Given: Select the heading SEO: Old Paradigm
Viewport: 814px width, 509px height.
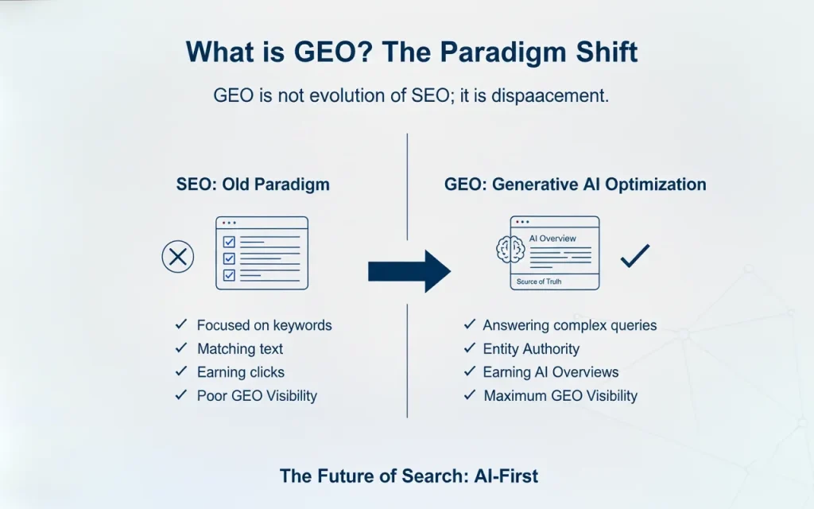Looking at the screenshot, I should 253,185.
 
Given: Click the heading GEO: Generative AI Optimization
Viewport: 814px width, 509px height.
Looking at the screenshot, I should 575,185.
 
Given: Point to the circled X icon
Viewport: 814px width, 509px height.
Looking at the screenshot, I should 178,257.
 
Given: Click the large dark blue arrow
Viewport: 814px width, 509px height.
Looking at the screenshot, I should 409,271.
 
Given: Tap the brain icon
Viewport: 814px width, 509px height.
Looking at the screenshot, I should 510,250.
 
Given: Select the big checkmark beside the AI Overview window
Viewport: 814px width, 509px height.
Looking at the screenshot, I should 635,255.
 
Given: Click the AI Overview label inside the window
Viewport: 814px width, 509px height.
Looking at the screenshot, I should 552,239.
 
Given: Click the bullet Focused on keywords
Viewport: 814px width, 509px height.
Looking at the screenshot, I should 264,325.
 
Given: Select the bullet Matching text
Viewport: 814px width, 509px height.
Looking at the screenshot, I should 239,349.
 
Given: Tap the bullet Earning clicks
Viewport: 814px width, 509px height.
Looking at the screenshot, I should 240,372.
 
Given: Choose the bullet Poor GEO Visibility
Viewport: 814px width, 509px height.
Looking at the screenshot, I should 256,396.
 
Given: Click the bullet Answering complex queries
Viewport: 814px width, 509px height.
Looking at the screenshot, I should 569,325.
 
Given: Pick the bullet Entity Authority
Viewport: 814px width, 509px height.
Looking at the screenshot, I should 531,349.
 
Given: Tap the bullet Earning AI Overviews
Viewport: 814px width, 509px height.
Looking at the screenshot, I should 550,372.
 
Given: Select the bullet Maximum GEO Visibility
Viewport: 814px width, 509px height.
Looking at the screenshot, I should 560,396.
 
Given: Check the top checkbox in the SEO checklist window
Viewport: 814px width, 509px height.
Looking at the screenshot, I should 230,241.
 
